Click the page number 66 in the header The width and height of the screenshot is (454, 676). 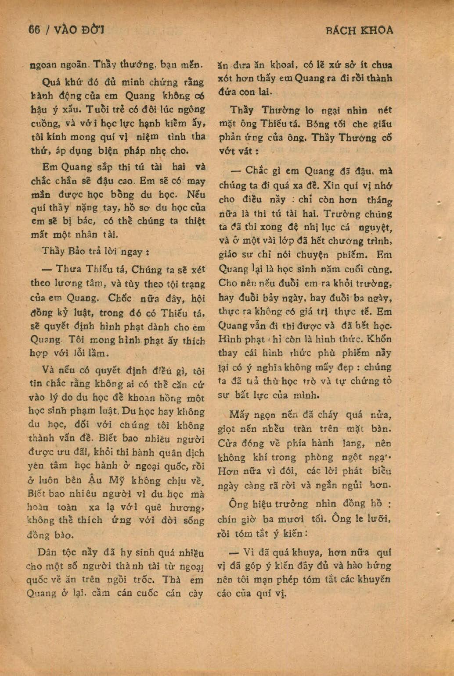pos(34,30)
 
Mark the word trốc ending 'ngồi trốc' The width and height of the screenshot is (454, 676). pos(142,580)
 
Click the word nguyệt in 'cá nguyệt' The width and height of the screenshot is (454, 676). pos(375,228)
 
